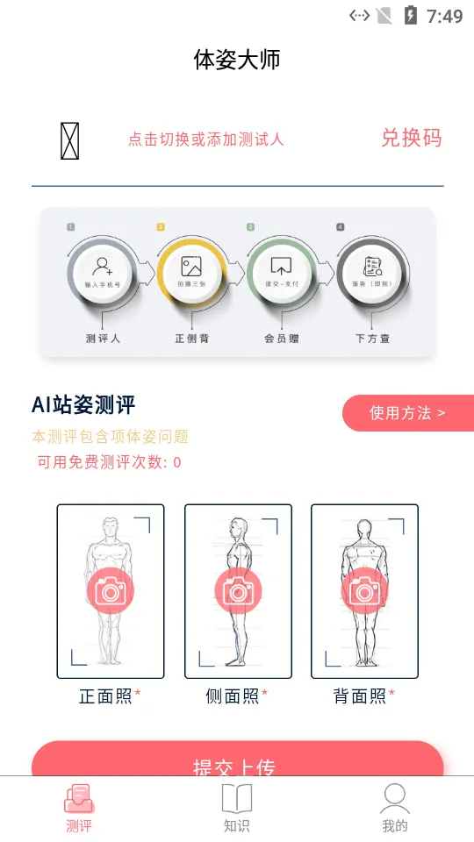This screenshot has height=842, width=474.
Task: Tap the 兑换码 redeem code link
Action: coord(411,138)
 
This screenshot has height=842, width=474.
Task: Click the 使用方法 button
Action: coord(407,413)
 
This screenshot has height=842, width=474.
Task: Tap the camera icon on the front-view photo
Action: coord(111,590)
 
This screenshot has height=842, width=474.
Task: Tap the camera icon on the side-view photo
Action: coord(238,590)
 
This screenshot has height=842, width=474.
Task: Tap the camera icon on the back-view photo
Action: coord(364,590)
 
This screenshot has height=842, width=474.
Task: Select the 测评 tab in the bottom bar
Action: coord(79,808)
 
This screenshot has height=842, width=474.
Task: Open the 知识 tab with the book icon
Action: coord(237,808)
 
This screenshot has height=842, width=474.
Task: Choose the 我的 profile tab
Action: coord(395,808)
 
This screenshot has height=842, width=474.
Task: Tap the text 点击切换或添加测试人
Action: coord(206,139)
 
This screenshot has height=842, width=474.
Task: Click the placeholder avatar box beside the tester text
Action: coord(70,140)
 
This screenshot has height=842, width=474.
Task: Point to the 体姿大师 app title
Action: coord(237,60)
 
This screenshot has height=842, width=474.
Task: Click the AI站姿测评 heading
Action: coord(83,404)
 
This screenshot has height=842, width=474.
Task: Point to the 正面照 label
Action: coord(106,696)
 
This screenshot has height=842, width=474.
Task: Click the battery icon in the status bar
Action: coord(410,15)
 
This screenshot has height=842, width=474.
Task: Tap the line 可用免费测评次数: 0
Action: coord(109,462)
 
